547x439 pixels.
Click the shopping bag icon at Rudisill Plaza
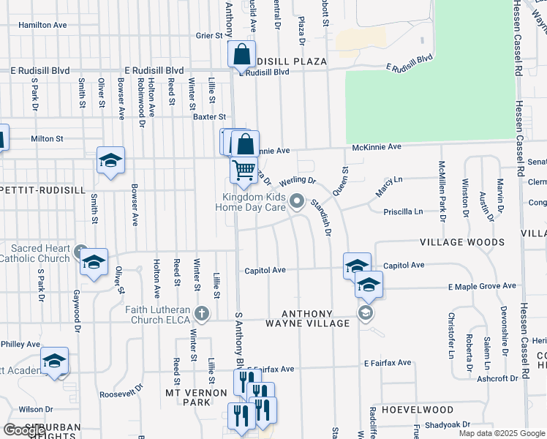tap(241, 55)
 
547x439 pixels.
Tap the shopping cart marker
tap(244, 170)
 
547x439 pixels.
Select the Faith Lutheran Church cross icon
tap(203, 315)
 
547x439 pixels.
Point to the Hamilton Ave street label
tap(43, 25)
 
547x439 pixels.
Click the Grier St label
tap(208, 34)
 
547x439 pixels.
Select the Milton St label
tap(47, 138)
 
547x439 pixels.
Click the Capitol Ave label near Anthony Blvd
tap(265, 270)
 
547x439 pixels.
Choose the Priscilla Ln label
tap(403, 211)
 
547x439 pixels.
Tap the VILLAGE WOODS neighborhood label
tap(461, 241)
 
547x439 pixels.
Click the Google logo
tap(24, 430)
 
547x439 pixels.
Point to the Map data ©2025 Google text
tap(501, 433)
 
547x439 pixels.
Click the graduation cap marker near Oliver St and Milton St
tap(110, 161)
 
